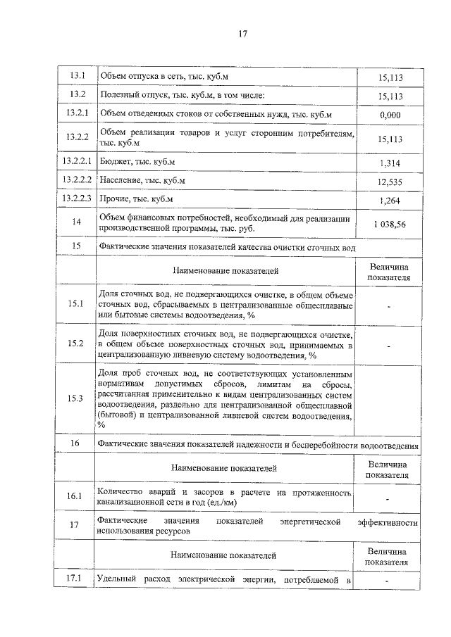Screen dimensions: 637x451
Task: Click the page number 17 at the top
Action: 242,33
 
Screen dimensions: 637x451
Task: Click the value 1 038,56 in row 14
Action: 390,223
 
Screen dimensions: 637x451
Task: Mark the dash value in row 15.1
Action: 389,305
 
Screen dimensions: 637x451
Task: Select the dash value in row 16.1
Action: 389,499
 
